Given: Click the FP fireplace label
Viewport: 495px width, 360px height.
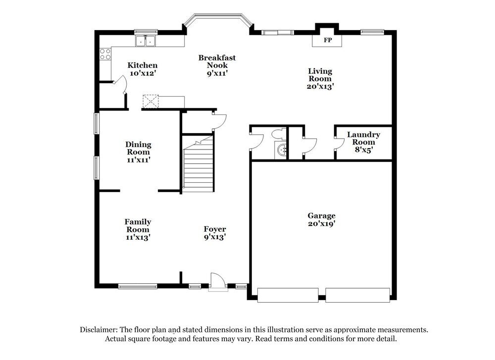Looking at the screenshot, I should click(327, 40).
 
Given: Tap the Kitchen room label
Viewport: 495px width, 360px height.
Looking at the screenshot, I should click(143, 65).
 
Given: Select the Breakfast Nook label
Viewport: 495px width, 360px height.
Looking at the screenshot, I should click(217, 61).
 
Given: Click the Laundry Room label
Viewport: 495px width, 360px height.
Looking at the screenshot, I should click(363, 138).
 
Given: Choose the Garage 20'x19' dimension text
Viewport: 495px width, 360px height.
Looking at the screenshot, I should click(322, 223).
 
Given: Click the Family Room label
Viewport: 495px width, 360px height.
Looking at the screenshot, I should click(138, 225).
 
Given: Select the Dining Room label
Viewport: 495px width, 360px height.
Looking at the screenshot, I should click(138, 148).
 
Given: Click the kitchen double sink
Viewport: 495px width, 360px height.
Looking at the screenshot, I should click(146, 42).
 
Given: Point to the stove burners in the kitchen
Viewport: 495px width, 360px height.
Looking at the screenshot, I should click(105, 53).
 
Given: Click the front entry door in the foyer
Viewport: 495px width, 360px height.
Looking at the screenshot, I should click(217, 281).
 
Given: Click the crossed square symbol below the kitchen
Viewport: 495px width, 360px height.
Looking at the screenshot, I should click(149, 101).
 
